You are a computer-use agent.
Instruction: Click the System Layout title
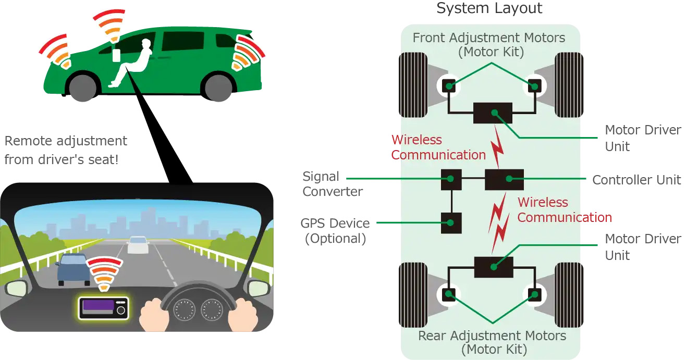pos(489,9)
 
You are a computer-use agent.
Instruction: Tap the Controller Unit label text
pos(636,180)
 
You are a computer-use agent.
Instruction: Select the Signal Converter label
pos(332,184)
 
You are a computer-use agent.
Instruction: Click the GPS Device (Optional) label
pos(335,231)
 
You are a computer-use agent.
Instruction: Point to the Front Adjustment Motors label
pos(488,45)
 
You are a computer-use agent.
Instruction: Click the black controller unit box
pos(504,180)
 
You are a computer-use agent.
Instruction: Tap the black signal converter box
pos(451,180)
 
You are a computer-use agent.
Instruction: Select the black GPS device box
pos(451,223)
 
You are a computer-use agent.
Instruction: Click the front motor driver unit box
pos(493,113)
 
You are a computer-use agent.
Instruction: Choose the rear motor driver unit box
pos(493,267)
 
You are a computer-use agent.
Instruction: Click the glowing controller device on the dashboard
pos(103,308)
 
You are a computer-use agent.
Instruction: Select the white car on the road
pos(138,245)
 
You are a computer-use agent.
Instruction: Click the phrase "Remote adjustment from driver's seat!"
pos(66,150)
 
